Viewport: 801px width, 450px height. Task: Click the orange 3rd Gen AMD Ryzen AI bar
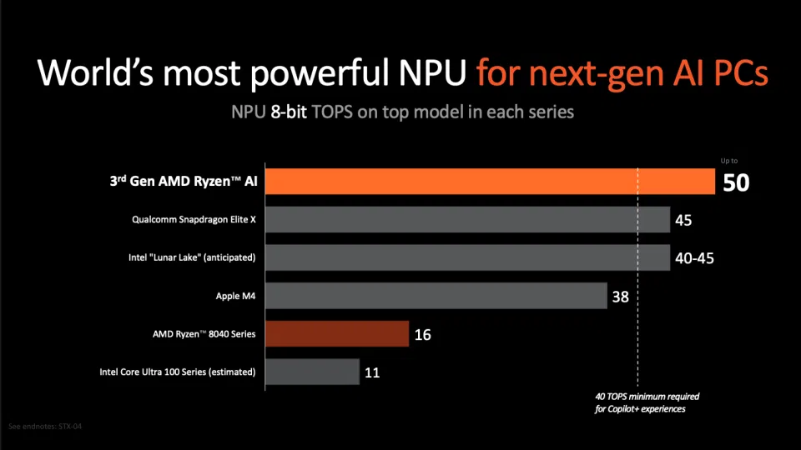coord(491,182)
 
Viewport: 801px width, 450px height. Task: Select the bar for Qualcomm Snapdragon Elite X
coord(467,220)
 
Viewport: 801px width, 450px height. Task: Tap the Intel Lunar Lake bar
coord(467,257)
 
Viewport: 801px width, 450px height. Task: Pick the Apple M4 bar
coord(436,296)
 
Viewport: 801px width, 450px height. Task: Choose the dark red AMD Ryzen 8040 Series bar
coord(337,334)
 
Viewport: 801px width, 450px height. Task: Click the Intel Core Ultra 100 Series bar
coord(312,372)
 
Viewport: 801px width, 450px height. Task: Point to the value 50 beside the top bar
coord(736,182)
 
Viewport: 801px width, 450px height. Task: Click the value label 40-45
coord(694,258)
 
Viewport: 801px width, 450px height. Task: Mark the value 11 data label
coord(372,372)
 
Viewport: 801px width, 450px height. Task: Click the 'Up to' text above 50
coord(728,161)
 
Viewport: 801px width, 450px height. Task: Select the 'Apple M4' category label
coord(234,296)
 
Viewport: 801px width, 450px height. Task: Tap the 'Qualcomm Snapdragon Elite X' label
coord(193,220)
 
